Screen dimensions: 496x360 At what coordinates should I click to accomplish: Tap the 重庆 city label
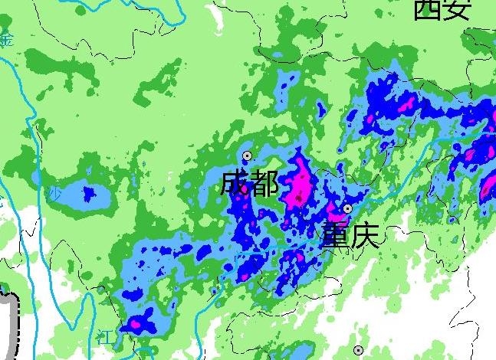click(350, 234)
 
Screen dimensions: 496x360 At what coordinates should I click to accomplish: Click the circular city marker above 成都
click(247, 155)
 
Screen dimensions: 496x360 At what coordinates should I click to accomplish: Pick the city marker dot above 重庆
click(347, 208)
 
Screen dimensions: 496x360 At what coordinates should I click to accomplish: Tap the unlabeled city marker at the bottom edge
click(359, 350)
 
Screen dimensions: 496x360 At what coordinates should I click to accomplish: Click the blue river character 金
click(7, 40)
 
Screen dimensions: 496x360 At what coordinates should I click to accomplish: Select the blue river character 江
click(107, 334)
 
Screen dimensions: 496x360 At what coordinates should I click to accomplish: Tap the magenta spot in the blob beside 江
click(135, 324)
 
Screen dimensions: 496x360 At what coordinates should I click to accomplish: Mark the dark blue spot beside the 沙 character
click(89, 192)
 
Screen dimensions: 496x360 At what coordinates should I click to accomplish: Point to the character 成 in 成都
click(234, 184)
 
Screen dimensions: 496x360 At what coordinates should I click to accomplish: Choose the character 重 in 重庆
click(335, 234)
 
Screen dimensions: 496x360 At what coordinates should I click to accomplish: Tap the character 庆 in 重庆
click(365, 234)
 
